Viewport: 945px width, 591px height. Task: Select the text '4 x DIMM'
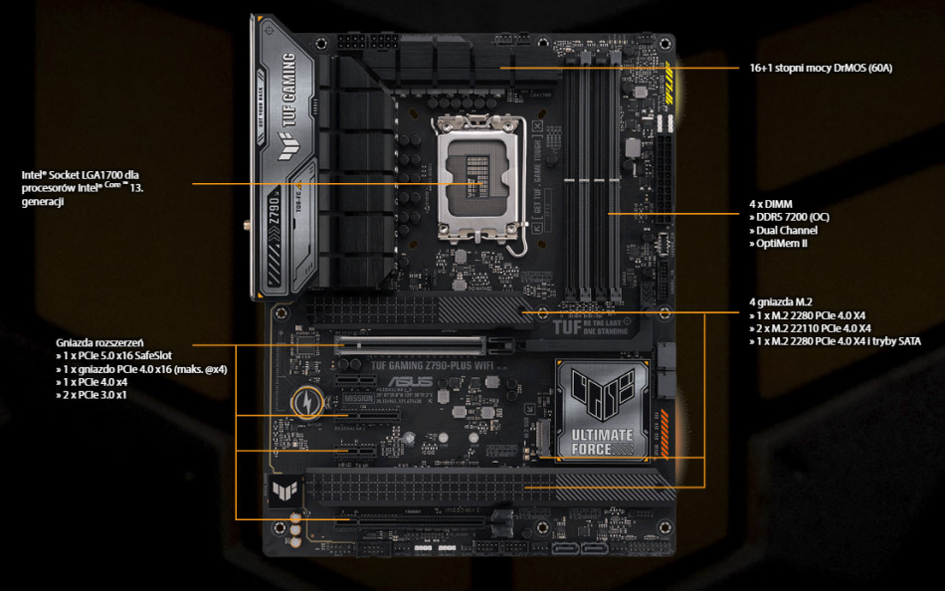(771, 204)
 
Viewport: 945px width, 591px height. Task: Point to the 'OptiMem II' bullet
(781, 243)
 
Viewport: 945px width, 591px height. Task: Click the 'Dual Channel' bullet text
(786, 230)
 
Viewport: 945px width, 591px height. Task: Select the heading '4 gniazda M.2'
(781, 301)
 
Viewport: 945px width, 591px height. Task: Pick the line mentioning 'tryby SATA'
(835, 341)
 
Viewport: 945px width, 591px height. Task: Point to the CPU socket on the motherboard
(477, 183)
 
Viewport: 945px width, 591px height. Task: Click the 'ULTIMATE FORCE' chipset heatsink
(602, 411)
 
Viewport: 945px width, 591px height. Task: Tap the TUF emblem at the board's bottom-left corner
(282, 492)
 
